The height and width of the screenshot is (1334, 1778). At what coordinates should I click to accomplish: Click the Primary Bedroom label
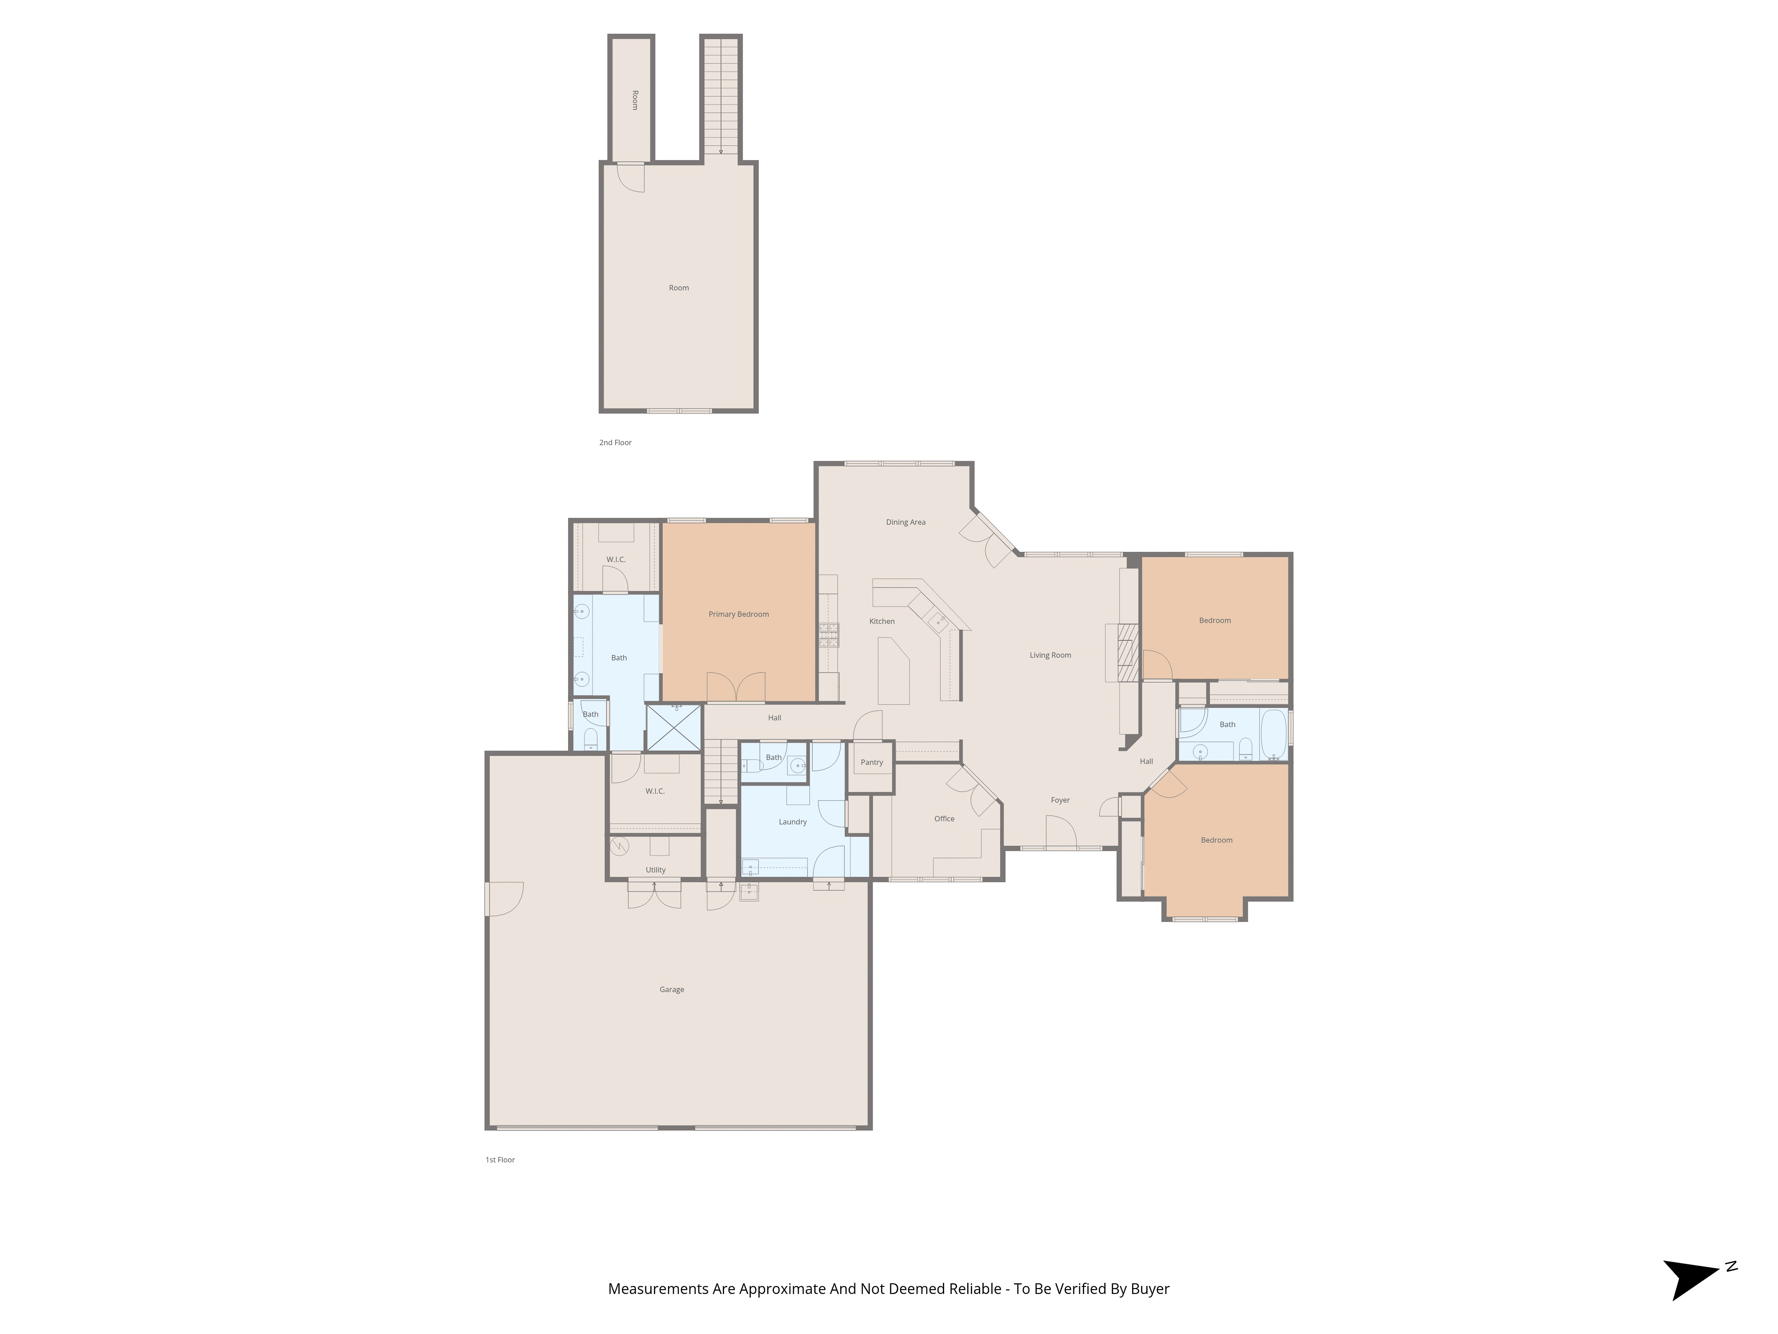[x=738, y=615]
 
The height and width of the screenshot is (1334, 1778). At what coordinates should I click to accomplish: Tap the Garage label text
[x=671, y=990]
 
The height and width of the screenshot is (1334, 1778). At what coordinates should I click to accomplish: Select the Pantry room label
[x=871, y=762]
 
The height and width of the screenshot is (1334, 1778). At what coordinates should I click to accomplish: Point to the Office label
[x=944, y=819]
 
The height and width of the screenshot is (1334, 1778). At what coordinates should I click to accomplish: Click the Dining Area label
[x=905, y=522]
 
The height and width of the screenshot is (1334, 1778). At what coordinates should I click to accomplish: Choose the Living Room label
[x=1050, y=655]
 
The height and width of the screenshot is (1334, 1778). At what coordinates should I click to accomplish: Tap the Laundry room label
[x=792, y=822]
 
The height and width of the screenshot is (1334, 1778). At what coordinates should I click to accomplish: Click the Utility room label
[x=655, y=870]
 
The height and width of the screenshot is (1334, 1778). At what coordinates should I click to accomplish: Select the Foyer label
[x=1059, y=800]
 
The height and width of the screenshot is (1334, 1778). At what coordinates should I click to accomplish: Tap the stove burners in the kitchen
[x=829, y=635]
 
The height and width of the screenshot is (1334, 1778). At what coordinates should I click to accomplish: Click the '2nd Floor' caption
[x=615, y=442]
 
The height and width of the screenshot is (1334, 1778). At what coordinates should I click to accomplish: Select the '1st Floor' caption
[x=499, y=1160]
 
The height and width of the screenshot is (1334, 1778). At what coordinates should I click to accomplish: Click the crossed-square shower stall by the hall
[x=674, y=728]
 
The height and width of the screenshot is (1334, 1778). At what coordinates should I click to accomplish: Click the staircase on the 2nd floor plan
[x=720, y=96]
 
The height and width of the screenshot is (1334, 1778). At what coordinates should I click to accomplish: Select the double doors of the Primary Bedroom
[x=736, y=687]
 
